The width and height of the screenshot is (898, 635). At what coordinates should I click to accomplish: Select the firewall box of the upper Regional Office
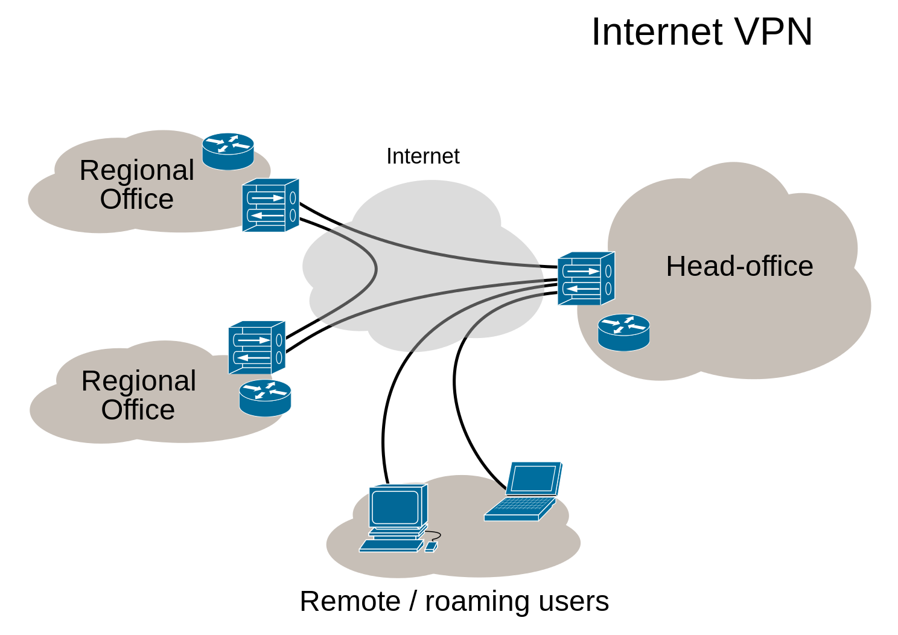270,205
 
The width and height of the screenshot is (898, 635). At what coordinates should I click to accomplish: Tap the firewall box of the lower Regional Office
256,348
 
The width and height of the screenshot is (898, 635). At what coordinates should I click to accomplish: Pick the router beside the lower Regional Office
265,397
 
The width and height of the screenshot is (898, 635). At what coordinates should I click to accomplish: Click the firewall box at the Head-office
585,279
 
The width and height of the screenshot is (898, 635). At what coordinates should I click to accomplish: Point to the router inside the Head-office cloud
623,332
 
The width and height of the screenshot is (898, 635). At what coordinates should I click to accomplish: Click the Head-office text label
739,266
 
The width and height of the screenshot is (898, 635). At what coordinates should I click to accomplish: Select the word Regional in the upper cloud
137,171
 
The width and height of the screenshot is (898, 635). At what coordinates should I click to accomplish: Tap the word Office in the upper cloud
137,199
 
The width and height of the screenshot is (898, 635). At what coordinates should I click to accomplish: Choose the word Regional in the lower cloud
139,381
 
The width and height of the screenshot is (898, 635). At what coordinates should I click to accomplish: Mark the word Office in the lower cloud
138,410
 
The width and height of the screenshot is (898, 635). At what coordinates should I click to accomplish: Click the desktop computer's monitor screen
395,507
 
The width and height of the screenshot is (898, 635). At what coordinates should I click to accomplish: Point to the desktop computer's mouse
430,547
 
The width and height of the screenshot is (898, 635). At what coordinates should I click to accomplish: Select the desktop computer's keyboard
390,546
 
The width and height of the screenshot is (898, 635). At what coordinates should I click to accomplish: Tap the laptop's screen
533,479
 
